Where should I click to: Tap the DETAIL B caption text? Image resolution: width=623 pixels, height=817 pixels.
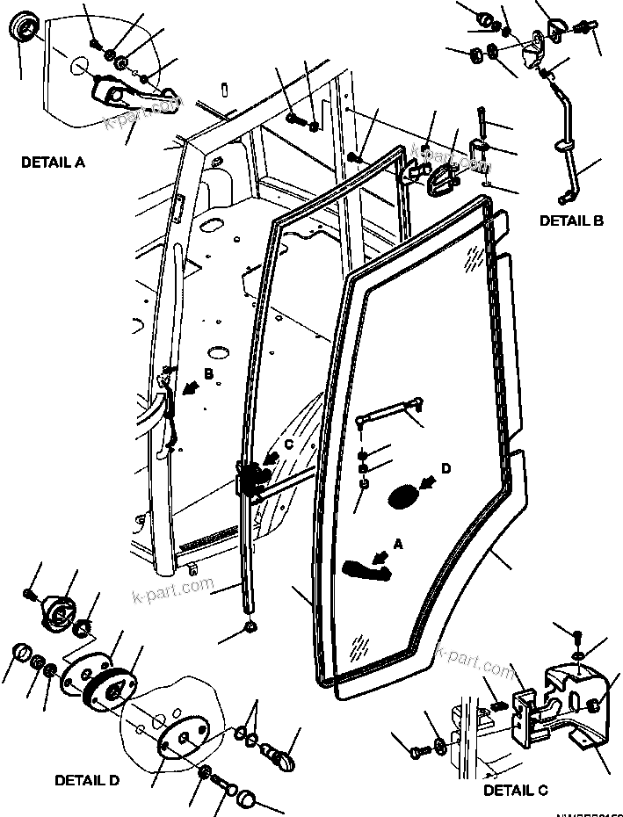coord(570,221)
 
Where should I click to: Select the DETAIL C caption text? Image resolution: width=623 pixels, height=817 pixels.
coord(516,791)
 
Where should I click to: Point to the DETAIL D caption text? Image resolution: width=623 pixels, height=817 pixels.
coord(88,779)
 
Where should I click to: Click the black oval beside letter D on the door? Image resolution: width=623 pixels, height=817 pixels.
coord(403,496)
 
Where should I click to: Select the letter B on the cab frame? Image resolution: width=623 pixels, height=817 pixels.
coord(208,374)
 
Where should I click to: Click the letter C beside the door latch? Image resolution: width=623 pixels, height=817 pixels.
coord(286,445)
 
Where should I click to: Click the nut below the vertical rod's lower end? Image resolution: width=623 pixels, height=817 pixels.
coord(250,627)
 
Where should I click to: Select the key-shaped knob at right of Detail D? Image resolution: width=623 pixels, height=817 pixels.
coord(280,753)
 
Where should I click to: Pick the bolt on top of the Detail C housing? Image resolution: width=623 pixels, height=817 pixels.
coord(576,637)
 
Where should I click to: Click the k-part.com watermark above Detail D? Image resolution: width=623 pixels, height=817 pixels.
coord(176,585)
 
